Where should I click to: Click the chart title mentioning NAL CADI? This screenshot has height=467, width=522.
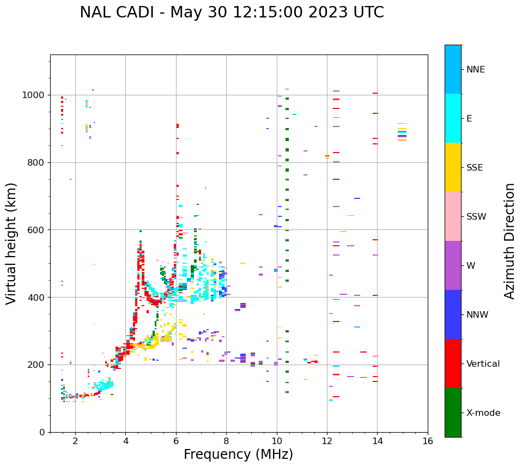(232, 13)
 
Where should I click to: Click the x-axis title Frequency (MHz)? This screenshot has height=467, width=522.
(238, 454)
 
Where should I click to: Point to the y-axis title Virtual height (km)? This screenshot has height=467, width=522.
(11, 243)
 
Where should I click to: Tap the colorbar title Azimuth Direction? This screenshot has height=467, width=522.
(509, 241)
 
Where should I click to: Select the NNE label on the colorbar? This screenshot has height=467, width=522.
(475, 70)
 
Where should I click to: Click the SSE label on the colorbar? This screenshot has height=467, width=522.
(474, 168)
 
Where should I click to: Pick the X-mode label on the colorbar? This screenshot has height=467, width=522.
(483, 413)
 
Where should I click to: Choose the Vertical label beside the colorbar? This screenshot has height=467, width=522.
(483, 364)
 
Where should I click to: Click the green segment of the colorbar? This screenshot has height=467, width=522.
(453, 413)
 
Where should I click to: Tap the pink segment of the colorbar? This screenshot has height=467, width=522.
(453, 216)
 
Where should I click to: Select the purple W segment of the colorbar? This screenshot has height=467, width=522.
(453, 265)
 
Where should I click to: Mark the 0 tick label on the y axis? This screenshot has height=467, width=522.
(43, 432)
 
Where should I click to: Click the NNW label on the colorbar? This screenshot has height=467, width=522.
(477, 315)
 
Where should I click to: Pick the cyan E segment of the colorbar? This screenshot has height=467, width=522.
(453, 118)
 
